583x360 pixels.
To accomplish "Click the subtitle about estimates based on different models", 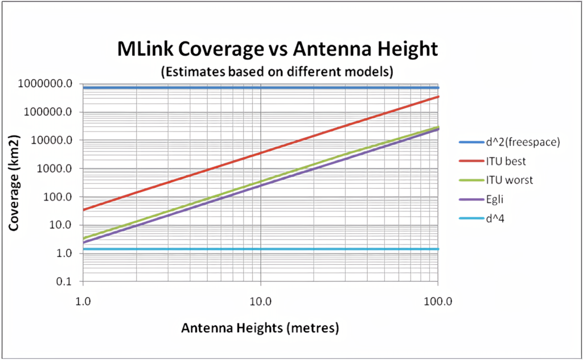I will (277, 72).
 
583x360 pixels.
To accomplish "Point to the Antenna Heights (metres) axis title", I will (260, 329).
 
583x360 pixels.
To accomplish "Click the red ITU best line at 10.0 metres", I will (261, 153).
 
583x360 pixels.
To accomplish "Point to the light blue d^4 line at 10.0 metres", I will (261, 249).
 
